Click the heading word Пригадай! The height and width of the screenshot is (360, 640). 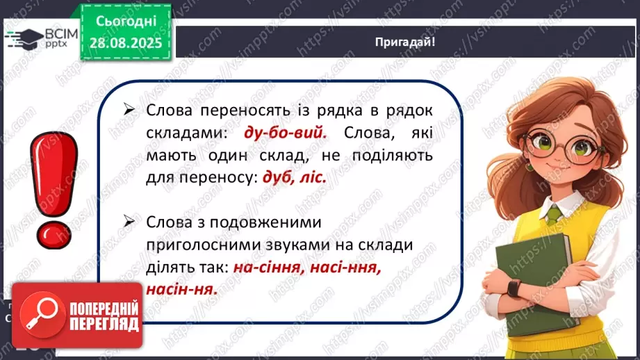[405, 42]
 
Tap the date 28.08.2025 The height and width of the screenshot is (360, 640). [126, 43]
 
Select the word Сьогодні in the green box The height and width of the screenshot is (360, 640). [126, 21]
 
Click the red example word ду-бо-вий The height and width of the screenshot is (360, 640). [286, 133]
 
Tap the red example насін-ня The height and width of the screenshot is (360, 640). [181, 289]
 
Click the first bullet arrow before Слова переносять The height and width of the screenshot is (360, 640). [129, 109]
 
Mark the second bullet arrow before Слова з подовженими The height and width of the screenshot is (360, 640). [129, 222]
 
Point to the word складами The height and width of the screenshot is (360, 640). [186, 133]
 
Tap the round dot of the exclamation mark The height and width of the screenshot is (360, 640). [54, 236]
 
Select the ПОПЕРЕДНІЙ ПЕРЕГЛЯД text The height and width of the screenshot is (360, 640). [104, 316]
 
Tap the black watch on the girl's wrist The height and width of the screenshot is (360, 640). [514, 288]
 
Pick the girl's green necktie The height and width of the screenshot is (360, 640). [554, 215]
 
